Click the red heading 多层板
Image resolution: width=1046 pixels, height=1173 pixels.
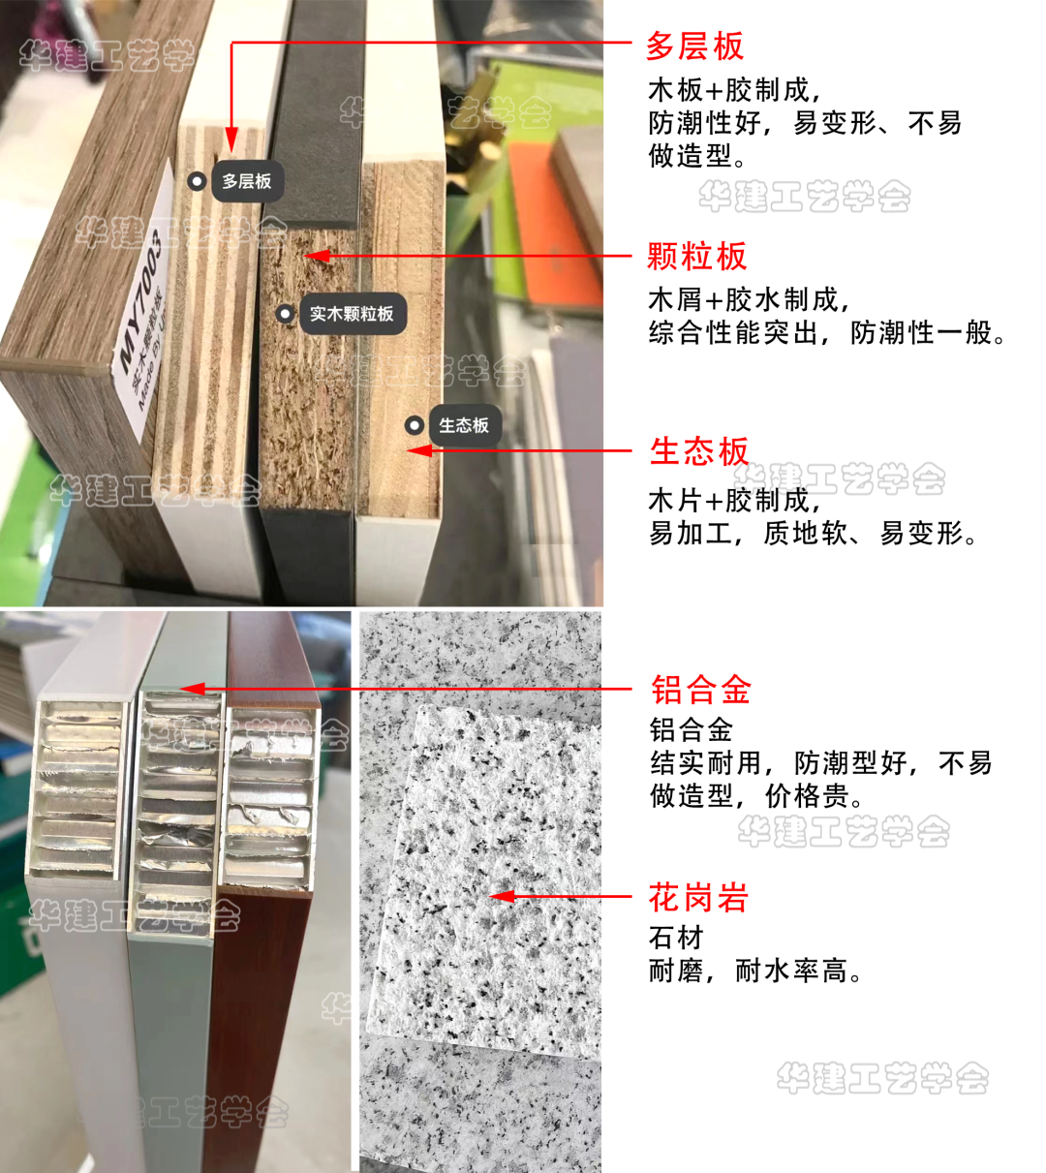(x=694, y=46)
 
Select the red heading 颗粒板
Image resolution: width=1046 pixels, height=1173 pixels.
(x=696, y=257)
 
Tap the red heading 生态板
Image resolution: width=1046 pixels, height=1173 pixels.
(x=699, y=451)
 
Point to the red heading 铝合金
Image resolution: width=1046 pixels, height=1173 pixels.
(x=701, y=691)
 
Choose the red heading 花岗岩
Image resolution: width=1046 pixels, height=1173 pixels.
(x=698, y=898)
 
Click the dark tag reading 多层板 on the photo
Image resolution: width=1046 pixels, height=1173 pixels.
(x=246, y=181)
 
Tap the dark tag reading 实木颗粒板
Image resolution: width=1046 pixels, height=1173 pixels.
(x=351, y=314)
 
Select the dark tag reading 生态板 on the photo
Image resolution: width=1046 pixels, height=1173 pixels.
(x=463, y=425)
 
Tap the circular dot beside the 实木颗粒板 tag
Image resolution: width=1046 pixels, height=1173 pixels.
(x=285, y=314)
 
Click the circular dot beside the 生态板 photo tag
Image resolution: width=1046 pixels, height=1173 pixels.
(x=415, y=425)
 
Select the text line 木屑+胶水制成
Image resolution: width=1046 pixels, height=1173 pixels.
(x=749, y=299)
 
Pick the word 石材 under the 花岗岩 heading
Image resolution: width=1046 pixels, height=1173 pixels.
(x=676, y=938)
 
